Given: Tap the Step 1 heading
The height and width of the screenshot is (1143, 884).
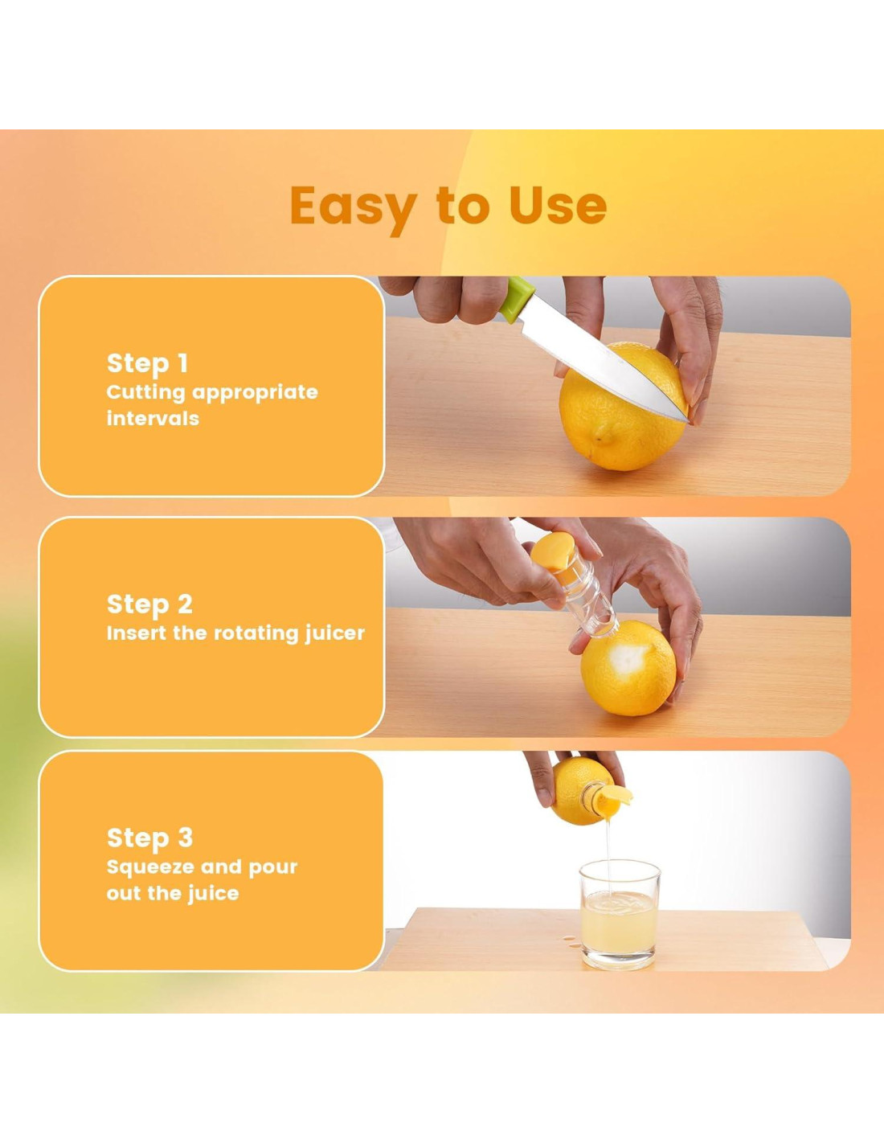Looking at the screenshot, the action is tap(147, 363).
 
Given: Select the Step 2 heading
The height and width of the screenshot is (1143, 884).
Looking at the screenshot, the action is tap(149, 604).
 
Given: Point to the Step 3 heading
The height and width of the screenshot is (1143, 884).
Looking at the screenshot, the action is tap(149, 838).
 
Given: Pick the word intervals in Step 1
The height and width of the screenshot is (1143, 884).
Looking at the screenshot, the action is tap(153, 418).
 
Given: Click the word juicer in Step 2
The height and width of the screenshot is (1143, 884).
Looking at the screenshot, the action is tap(335, 633).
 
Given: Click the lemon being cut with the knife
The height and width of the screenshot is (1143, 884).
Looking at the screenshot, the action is tap(620, 408).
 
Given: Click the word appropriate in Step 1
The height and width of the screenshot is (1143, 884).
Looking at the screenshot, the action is tap(254, 393).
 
